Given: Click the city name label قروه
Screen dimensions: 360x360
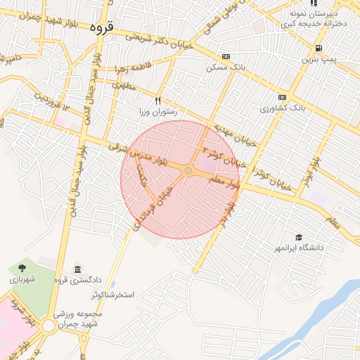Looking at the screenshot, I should tap(101, 28).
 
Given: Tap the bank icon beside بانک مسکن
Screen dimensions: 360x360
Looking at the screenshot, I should tap(225, 56).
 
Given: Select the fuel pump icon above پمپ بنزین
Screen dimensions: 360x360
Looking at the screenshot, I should tap(320, 48).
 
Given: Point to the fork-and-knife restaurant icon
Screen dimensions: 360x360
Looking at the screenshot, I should tap(157, 101).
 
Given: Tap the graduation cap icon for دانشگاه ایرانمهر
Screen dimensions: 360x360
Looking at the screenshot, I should tap(300, 238).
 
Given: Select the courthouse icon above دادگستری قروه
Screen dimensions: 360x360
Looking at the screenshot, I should tap(77, 271).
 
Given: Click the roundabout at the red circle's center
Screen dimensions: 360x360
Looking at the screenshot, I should tap(188, 172).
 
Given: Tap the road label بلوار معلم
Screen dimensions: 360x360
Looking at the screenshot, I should tap(224, 184).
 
